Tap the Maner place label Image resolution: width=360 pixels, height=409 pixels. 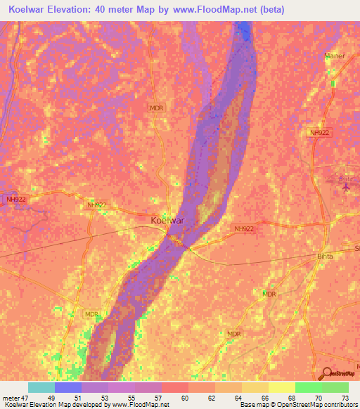pyautogui.click(x=335, y=56)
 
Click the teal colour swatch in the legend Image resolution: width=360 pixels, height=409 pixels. pyautogui.click(x=41, y=387)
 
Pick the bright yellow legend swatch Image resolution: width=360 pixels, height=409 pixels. pyautogui.click(x=281, y=387)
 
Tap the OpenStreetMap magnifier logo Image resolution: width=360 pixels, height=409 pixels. pyautogui.click(x=326, y=375)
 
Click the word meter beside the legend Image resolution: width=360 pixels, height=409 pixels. pyautogui.click(x=9, y=398)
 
